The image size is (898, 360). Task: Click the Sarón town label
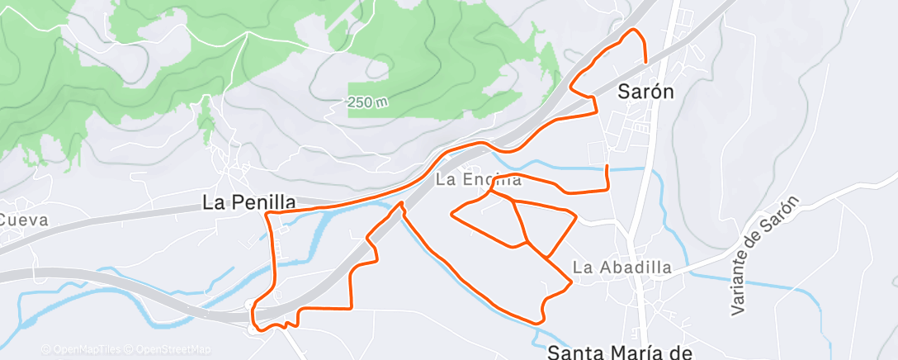pos(645,92)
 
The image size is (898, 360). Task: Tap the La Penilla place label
pos(248,202)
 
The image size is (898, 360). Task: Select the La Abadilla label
pos(622,268)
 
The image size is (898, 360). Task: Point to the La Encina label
pos(478,179)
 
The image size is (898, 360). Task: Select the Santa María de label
pos(620,353)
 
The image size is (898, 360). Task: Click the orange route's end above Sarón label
pos(645,60)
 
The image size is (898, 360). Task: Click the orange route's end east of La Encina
pos(607,167)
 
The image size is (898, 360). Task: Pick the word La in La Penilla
pos(211,202)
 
